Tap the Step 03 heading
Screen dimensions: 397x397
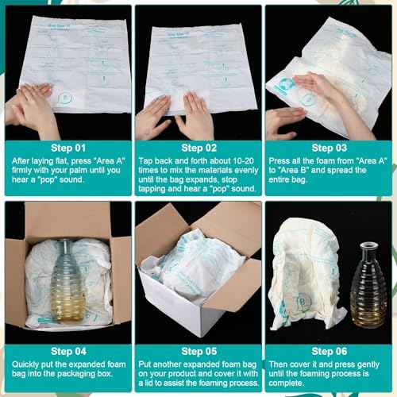click(x=329, y=147)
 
